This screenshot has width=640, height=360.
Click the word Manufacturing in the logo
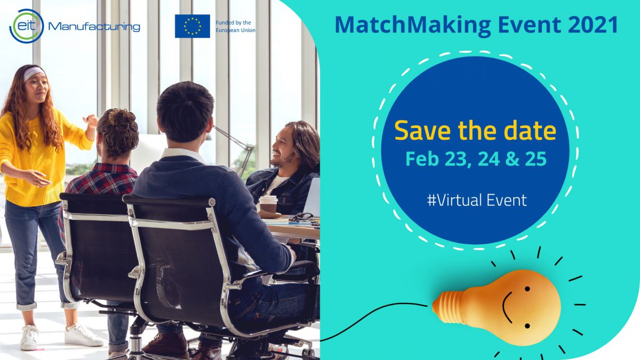pyautogui.click(x=94, y=26)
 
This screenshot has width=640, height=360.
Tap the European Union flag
pyautogui.click(x=192, y=26)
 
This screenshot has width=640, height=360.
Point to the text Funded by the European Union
pyautogui.click(x=235, y=27)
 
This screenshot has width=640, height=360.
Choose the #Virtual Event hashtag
pyautogui.click(x=476, y=200)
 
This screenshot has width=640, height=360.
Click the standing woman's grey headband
pyautogui.click(x=33, y=73)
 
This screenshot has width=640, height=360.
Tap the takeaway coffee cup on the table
pyautogui.click(x=268, y=205)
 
